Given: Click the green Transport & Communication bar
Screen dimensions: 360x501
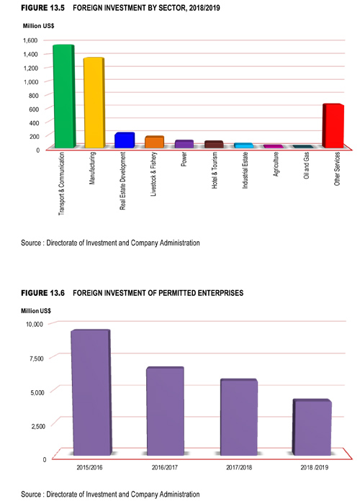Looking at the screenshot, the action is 63,96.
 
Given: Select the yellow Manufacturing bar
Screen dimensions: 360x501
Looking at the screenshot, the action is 94,103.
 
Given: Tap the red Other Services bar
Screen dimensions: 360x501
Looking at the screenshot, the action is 333,126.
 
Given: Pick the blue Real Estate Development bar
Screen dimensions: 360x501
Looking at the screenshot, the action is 125,140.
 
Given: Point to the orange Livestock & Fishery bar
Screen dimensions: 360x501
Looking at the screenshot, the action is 154,142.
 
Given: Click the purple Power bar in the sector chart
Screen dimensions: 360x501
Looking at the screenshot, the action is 184,144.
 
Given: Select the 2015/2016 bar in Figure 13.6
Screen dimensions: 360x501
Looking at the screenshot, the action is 91,393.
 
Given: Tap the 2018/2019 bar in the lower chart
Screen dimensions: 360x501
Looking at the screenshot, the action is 312,427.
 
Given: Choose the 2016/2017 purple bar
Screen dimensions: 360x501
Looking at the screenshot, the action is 165,411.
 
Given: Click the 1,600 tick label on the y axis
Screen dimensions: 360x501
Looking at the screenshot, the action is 30,40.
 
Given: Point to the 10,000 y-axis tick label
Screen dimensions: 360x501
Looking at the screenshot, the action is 35,325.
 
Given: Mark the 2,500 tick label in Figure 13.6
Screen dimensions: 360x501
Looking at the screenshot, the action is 38,426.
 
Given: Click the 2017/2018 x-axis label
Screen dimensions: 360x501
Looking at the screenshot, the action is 239,467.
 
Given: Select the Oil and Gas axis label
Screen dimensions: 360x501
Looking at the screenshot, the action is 306,166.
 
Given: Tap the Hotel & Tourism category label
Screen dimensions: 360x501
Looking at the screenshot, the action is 215,170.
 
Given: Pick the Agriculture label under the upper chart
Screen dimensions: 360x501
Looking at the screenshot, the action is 276,164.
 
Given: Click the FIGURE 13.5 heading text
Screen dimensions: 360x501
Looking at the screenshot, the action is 43,8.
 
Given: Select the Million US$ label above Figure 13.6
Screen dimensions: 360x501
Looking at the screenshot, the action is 36,311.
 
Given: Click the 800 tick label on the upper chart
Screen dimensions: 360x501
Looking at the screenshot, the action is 33,95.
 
